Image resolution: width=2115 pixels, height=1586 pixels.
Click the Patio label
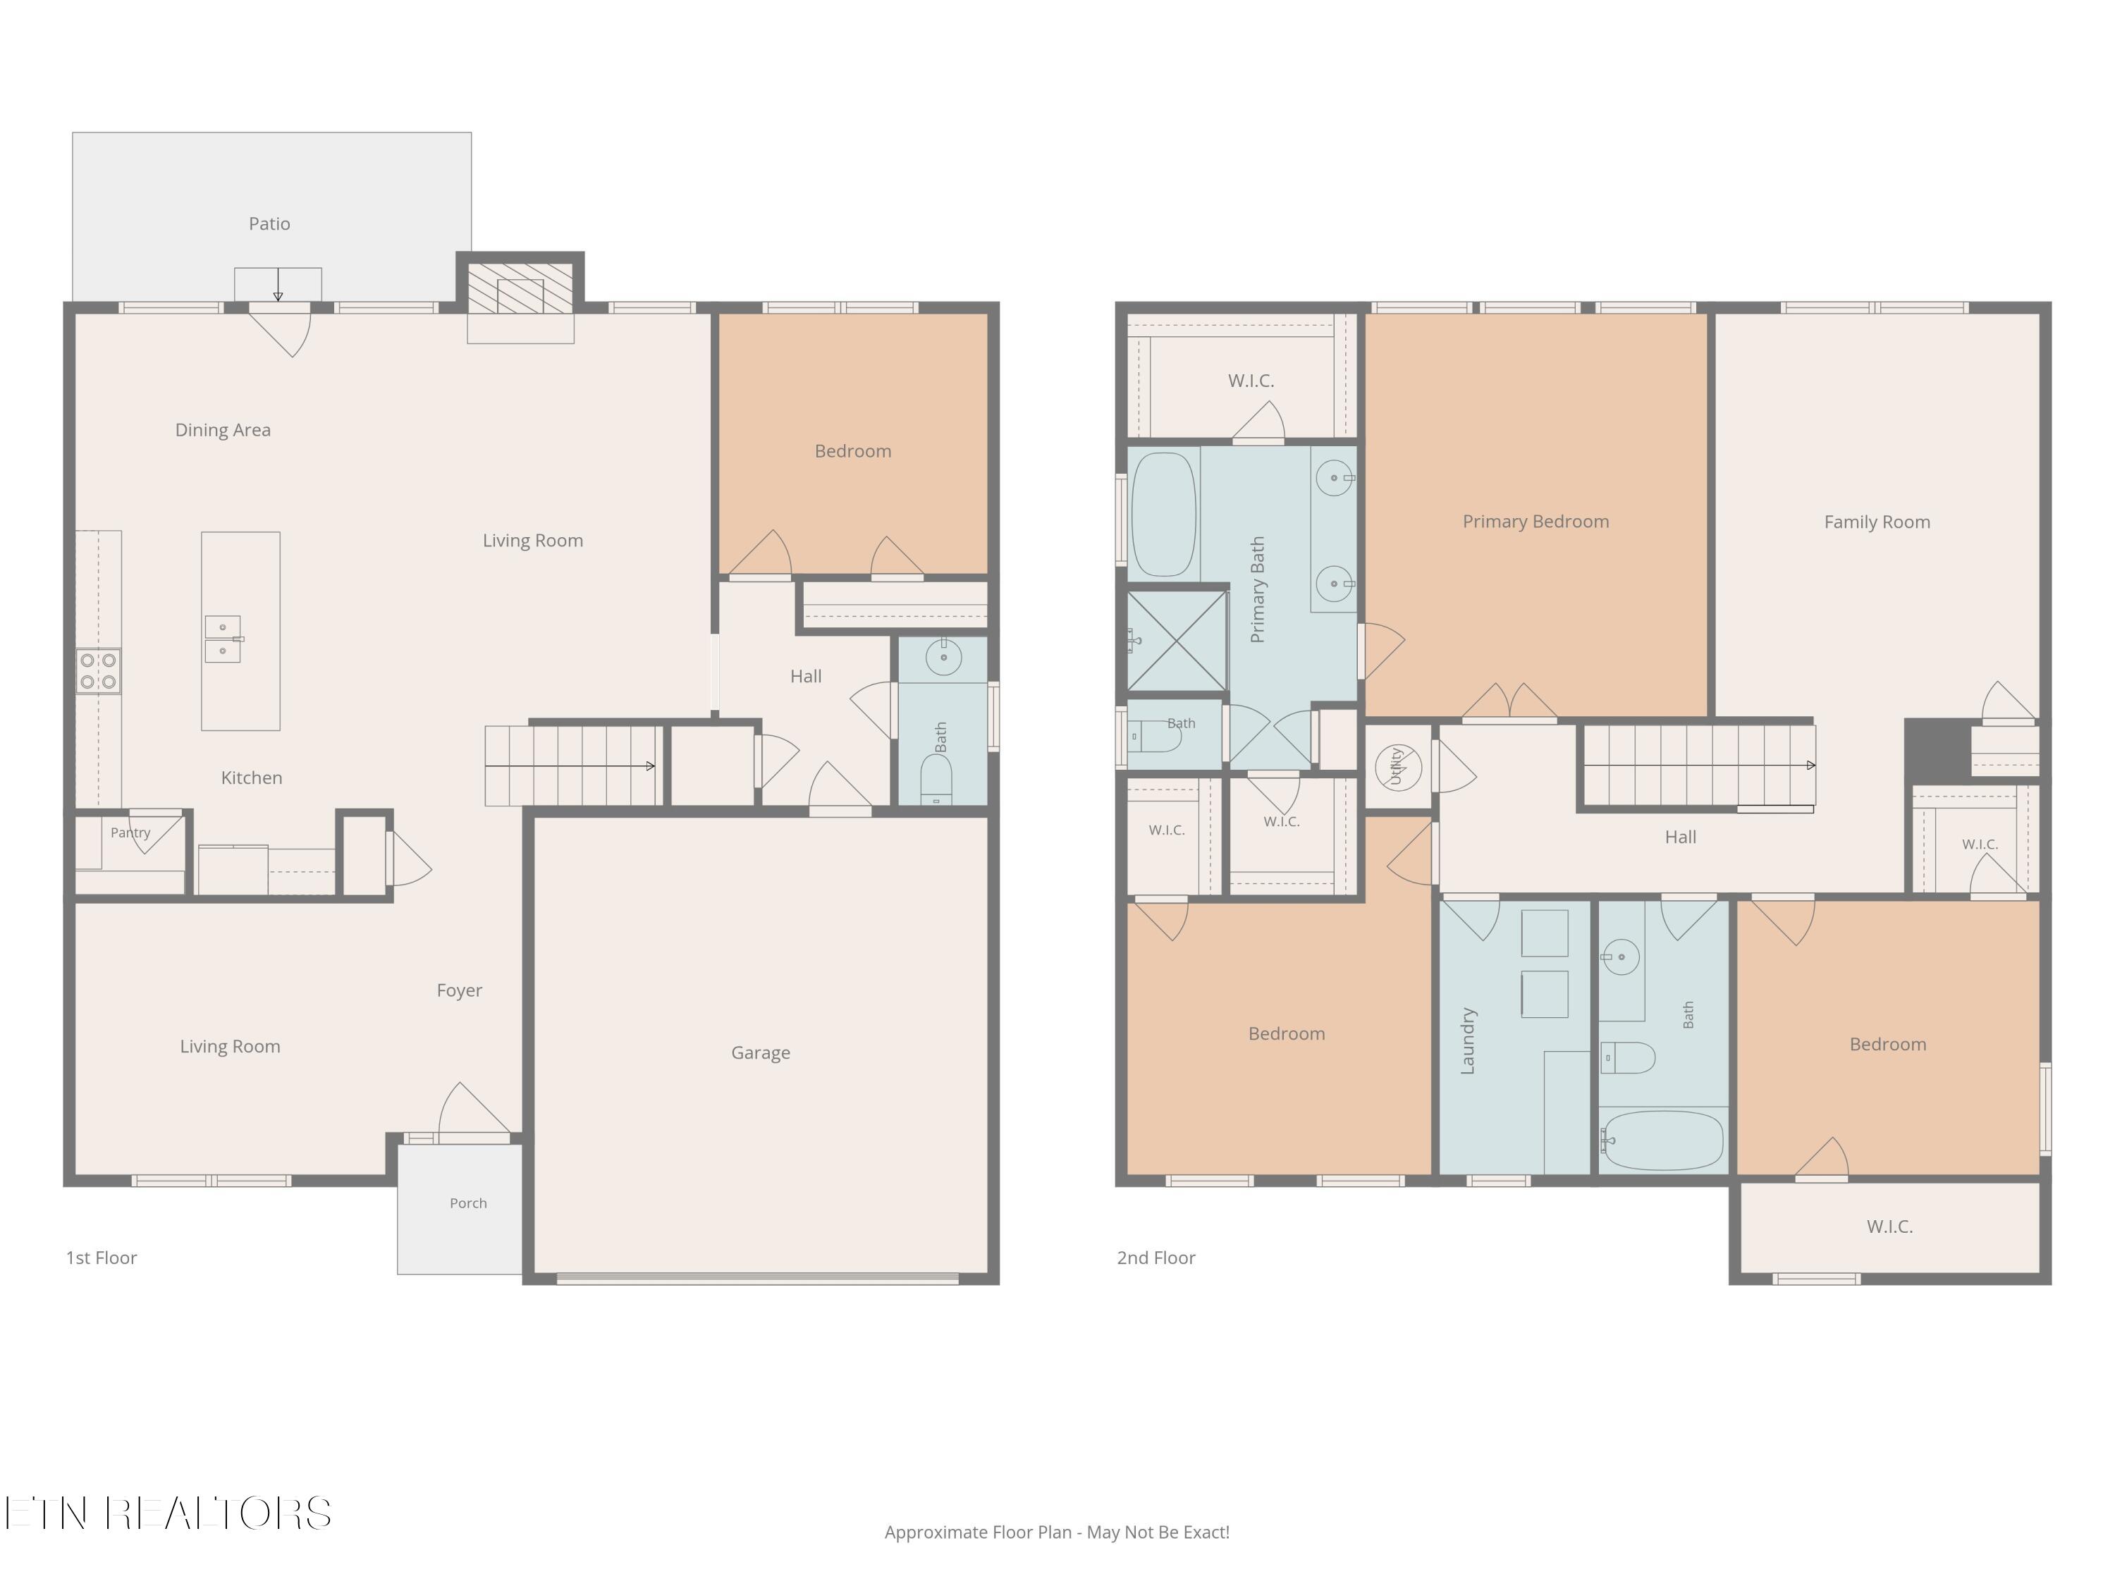[269, 223]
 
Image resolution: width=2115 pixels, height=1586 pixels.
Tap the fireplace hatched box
[520, 287]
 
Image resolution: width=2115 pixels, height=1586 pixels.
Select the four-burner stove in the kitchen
[99, 670]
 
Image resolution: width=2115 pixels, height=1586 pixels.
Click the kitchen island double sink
[223, 639]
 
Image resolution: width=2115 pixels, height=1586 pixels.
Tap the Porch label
[469, 1203]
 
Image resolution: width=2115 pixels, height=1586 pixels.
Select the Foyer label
[459, 990]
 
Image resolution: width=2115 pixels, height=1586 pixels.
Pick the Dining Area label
[223, 430]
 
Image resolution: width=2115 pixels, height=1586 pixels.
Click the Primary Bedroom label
[1535, 521]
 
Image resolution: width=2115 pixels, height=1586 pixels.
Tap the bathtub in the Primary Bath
[1164, 515]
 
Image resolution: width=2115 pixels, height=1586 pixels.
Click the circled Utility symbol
[1398, 767]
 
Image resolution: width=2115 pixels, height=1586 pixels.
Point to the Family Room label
[1877, 522]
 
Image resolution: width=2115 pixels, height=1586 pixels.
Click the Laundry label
[1469, 1040]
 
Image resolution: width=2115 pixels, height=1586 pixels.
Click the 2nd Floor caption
[1156, 1258]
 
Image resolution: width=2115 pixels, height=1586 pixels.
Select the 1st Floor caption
[102, 1258]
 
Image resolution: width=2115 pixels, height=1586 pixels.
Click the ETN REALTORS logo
[168, 1513]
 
